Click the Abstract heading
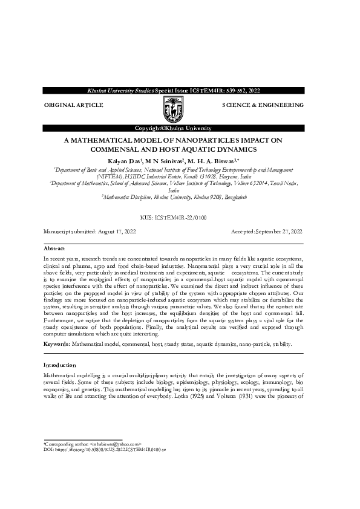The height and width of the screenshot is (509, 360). [54, 248]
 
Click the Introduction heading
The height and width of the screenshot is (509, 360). [60, 366]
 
